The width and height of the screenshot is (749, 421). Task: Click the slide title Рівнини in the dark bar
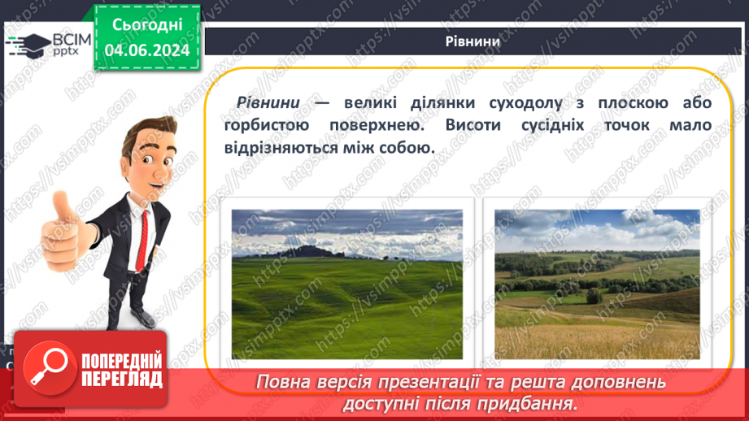[x=472, y=42]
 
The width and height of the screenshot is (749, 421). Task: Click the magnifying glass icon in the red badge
[x=47, y=370]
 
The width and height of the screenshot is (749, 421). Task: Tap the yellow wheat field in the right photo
[x=597, y=337]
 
